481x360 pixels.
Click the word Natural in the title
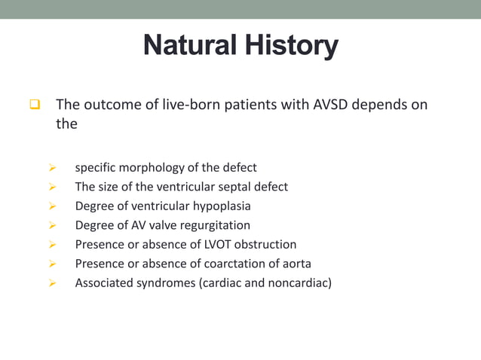tap(188, 46)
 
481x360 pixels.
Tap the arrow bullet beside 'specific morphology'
tap(52, 167)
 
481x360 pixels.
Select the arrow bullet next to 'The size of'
tap(52, 187)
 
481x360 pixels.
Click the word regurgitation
tap(213, 225)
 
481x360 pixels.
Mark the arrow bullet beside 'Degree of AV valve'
tap(52, 226)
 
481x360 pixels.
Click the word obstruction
tap(268, 244)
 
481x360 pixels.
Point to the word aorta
tap(295, 264)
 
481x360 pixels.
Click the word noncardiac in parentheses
tap(299, 283)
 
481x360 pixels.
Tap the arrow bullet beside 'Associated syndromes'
tap(52, 284)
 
